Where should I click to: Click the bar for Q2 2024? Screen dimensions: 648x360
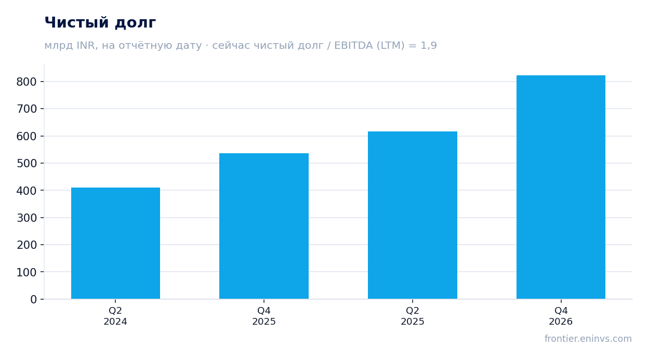coord(115,243)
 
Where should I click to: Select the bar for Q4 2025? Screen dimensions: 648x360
coord(264,226)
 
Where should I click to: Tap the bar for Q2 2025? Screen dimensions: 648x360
coord(413,215)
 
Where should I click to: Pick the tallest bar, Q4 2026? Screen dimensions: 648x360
coord(561,187)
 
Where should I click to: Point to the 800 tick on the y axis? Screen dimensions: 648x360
coord(27,82)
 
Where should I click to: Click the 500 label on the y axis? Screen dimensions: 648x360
coord(27,163)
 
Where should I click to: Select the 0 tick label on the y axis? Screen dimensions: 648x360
coord(33,299)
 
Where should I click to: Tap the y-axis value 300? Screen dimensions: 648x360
coord(27,218)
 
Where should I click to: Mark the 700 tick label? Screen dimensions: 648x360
coord(27,109)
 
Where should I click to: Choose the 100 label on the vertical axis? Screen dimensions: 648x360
coord(27,272)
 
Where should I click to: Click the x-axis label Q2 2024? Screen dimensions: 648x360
coord(115,316)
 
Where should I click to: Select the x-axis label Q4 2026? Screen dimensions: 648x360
coord(561,316)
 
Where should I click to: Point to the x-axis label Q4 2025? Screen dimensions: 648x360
coord(264,316)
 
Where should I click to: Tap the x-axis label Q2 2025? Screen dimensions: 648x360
coord(413,316)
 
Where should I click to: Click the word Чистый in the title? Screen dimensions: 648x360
coord(77,22)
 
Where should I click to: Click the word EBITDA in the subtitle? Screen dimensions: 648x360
coord(353,45)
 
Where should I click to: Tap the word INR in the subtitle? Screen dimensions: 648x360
coord(86,46)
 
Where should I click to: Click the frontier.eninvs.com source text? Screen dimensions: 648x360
coord(588,339)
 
